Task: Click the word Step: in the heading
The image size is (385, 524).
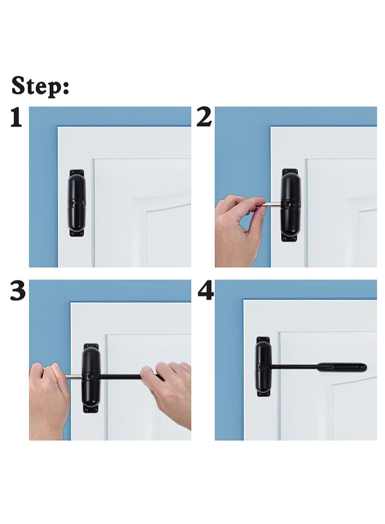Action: [40, 87]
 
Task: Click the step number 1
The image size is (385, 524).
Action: [16, 118]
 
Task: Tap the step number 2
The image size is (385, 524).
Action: [205, 117]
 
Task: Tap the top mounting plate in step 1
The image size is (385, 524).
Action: [76, 172]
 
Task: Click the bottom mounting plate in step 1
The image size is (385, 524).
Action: [76, 233]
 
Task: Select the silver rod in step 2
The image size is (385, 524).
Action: [272, 205]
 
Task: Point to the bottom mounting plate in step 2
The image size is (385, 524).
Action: [290, 237]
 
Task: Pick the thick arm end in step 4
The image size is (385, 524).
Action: [342, 368]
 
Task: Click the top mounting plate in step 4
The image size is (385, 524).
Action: [263, 340]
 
